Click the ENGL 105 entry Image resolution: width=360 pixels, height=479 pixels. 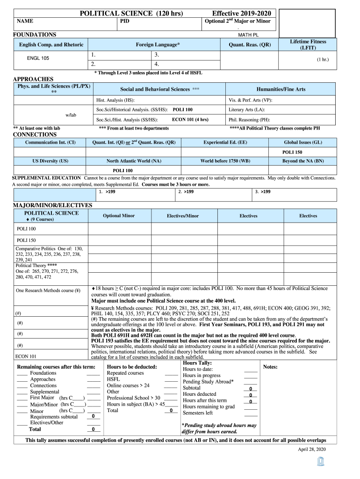pos(38,58)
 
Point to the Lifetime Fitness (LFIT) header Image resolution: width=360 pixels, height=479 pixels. pos(308,44)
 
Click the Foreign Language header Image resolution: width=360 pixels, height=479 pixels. pos(158,44)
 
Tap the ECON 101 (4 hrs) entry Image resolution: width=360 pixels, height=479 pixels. pos(190,119)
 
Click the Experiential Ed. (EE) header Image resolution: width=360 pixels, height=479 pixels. pos(225,142)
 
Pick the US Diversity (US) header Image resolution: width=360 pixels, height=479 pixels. pos(50,161)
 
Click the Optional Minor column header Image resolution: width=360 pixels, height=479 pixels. pos(119,216)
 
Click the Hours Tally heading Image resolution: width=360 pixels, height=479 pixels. pos(197,363)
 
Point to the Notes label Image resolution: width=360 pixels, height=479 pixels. pos(271,367)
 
